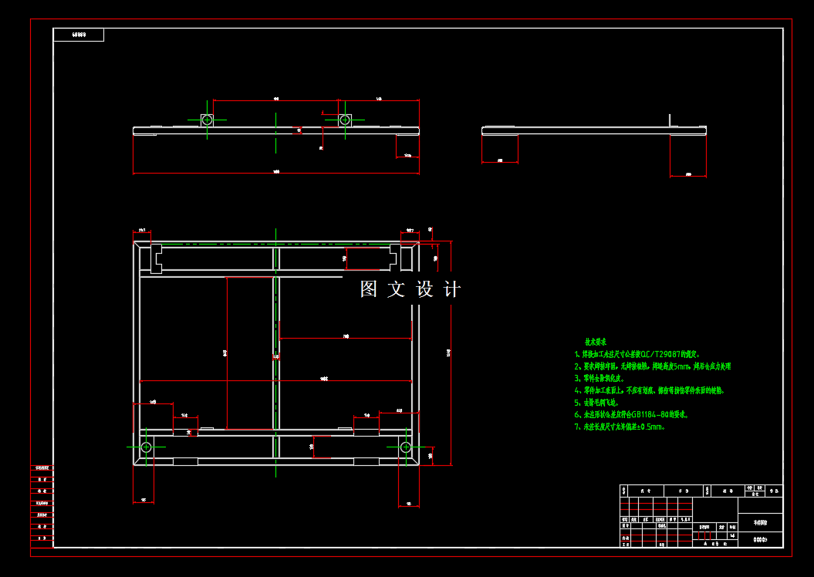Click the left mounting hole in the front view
(207, 120)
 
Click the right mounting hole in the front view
(345, 120)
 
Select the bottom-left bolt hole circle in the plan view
(147, 447)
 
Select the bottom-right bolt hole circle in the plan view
(405, 447)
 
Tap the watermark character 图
(369, 289)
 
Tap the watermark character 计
(452, 289)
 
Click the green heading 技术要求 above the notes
(595, 341)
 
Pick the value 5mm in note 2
(678, 366)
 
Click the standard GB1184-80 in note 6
(647, 414)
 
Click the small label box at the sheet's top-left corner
(78, 35)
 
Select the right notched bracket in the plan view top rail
(396, 257)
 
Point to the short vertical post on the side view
(670, 120)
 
